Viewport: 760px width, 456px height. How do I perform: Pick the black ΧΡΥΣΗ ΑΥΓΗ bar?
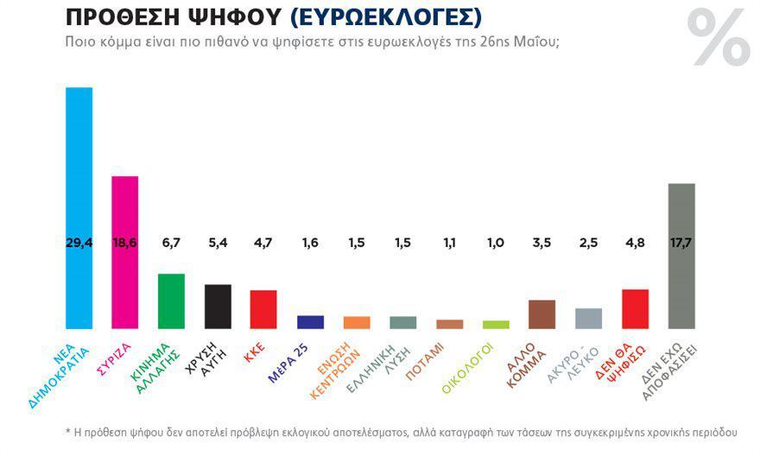click(x=218, y=306)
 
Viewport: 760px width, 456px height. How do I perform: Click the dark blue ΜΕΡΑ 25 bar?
click(x=310, y=322)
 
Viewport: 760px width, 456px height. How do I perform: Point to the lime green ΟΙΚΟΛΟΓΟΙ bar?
click(x=496, y=325)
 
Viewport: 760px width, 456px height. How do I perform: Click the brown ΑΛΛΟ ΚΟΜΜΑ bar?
click(x=541, y=314)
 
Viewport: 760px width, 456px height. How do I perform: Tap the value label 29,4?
click(x=79, y=243)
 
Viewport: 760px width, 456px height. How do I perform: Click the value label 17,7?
click(x=681, y=243)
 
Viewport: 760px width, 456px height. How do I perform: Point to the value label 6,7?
click(x=171, y=243)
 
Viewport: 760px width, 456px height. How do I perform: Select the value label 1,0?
click(x=496, y=243)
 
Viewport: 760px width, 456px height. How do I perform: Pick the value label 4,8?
click(x=635, y=243)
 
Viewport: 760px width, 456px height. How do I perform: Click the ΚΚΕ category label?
click(x=254, y=351)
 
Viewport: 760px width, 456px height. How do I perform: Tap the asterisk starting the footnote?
click(x=68, y=432)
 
